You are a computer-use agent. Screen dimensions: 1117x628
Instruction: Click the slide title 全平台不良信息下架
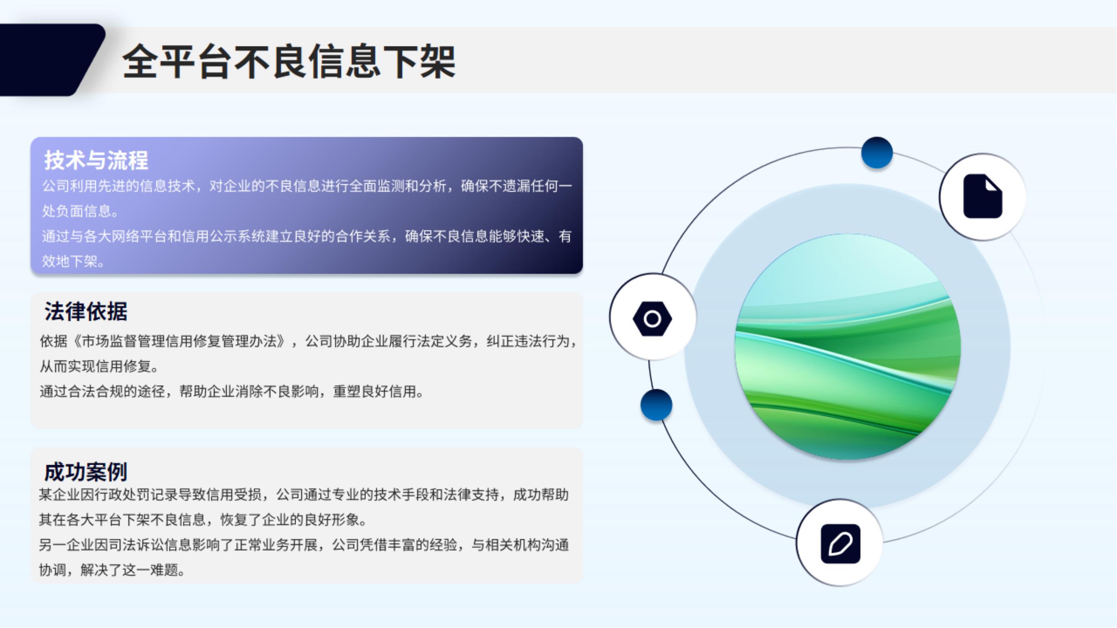point(289,61)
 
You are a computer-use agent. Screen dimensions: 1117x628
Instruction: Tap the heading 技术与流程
point(96,160)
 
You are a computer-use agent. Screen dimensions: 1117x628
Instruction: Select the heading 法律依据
point(86,311)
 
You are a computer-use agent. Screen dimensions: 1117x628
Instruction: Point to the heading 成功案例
point(86,471)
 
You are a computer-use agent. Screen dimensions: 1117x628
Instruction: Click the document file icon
point(983,196)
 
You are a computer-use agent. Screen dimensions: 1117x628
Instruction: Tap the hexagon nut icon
point(652,319)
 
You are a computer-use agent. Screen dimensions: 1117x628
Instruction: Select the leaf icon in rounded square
point(840,543)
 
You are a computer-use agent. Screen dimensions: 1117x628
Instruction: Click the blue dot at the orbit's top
point(877,152)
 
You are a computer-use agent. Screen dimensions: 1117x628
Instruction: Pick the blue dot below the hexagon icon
point(656,405)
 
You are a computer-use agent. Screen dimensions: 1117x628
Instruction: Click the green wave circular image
point(848,347)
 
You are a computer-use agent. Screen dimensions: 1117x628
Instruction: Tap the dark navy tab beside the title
point(50,60)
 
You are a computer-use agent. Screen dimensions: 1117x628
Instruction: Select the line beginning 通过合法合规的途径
point(232,392)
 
